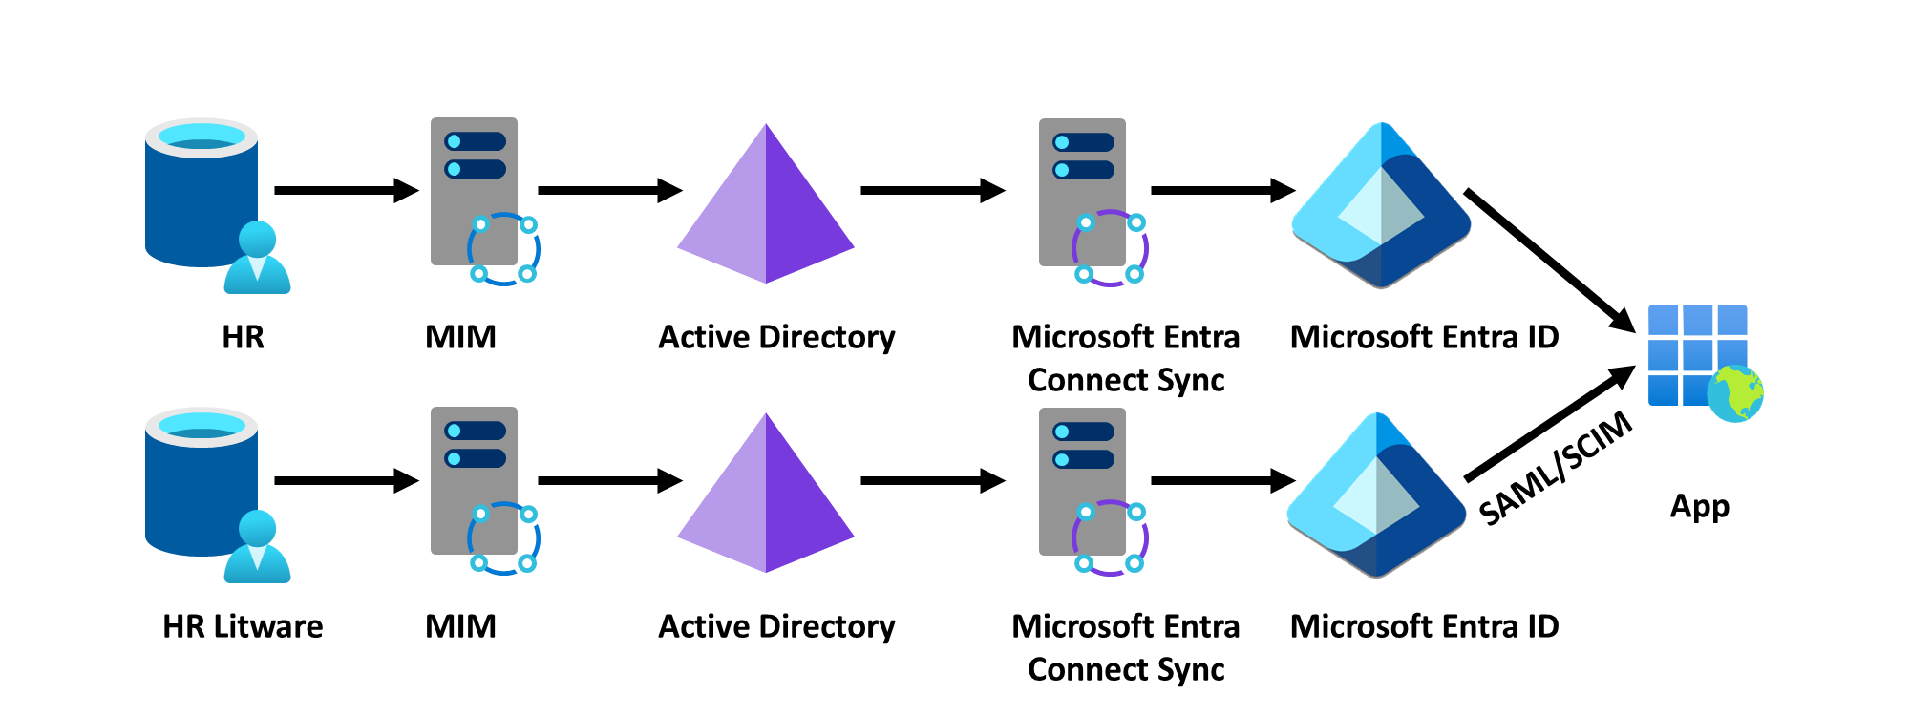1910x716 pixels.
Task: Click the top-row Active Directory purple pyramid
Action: click(x=766, y=205)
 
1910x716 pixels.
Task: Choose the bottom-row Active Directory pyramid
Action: click(x=766, y=495)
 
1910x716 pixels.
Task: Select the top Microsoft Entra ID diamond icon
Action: click(x=1381, y=205)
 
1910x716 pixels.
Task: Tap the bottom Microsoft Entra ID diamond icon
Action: click(x=1376, y=495)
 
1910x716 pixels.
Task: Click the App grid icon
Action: click(x=1697, y=353)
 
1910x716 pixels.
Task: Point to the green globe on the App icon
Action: click(x=1735, y=393)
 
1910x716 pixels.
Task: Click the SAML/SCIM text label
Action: click(x=1556, y=468)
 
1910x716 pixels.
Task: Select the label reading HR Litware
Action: click(x=243, y=626)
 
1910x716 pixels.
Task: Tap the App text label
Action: click(x=1699, y=506)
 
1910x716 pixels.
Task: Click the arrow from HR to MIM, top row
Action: click(x=346, y=191)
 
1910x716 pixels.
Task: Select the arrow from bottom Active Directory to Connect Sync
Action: click(x=932, y=481)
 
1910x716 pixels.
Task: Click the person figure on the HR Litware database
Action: click(x=257, y=548)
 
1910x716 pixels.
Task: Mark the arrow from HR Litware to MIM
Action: click(x=346, y=480)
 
